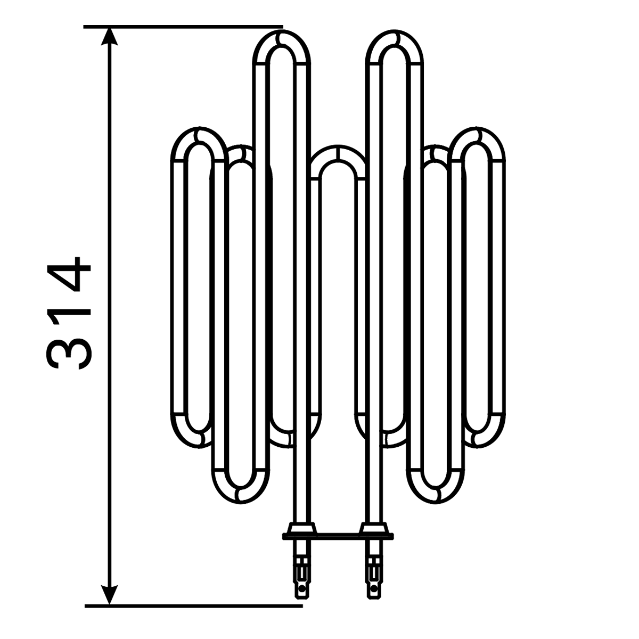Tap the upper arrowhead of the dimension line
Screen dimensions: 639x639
coord(110,37)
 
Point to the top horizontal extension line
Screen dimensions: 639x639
coord(183,27)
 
